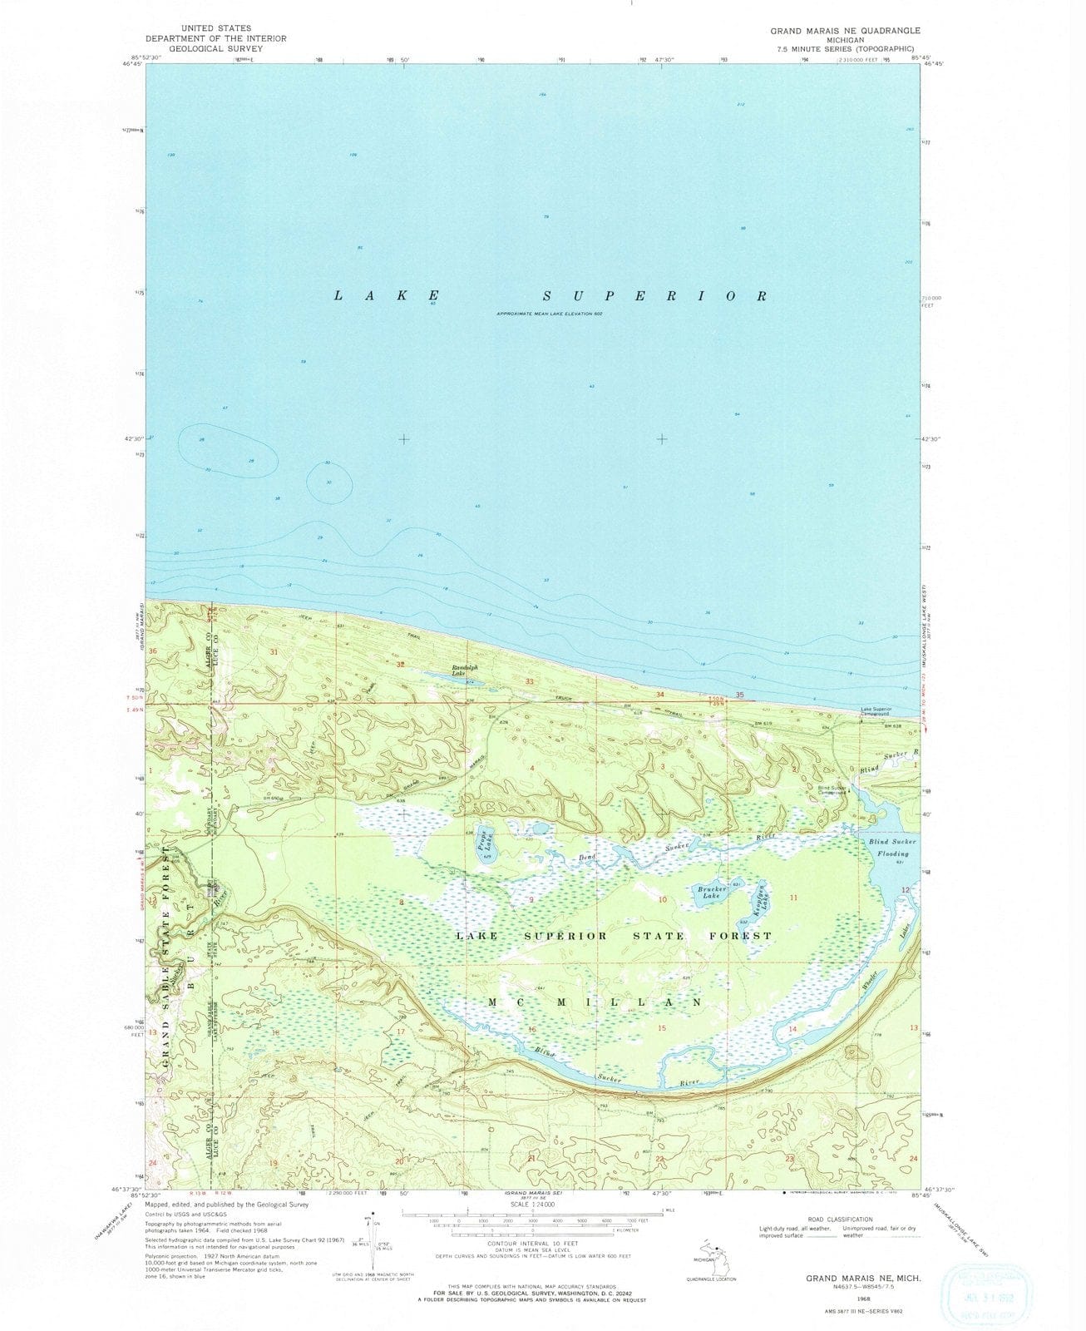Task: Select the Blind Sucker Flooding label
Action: (892, 847)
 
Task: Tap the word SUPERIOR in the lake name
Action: (655, 296)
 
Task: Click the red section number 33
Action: (530, 681)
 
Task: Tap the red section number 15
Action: (662, 1029)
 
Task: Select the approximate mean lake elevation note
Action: (548, 314)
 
